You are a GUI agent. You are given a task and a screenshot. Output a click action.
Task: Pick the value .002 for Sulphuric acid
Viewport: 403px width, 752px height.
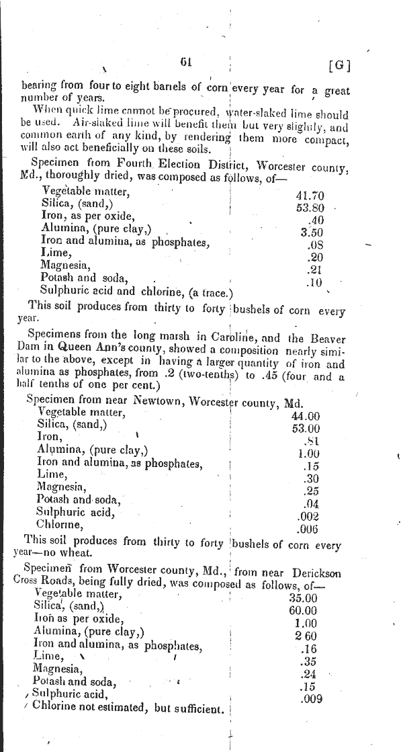pos(308,515)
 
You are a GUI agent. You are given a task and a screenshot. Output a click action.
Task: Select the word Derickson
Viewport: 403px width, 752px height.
pos(316,573)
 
